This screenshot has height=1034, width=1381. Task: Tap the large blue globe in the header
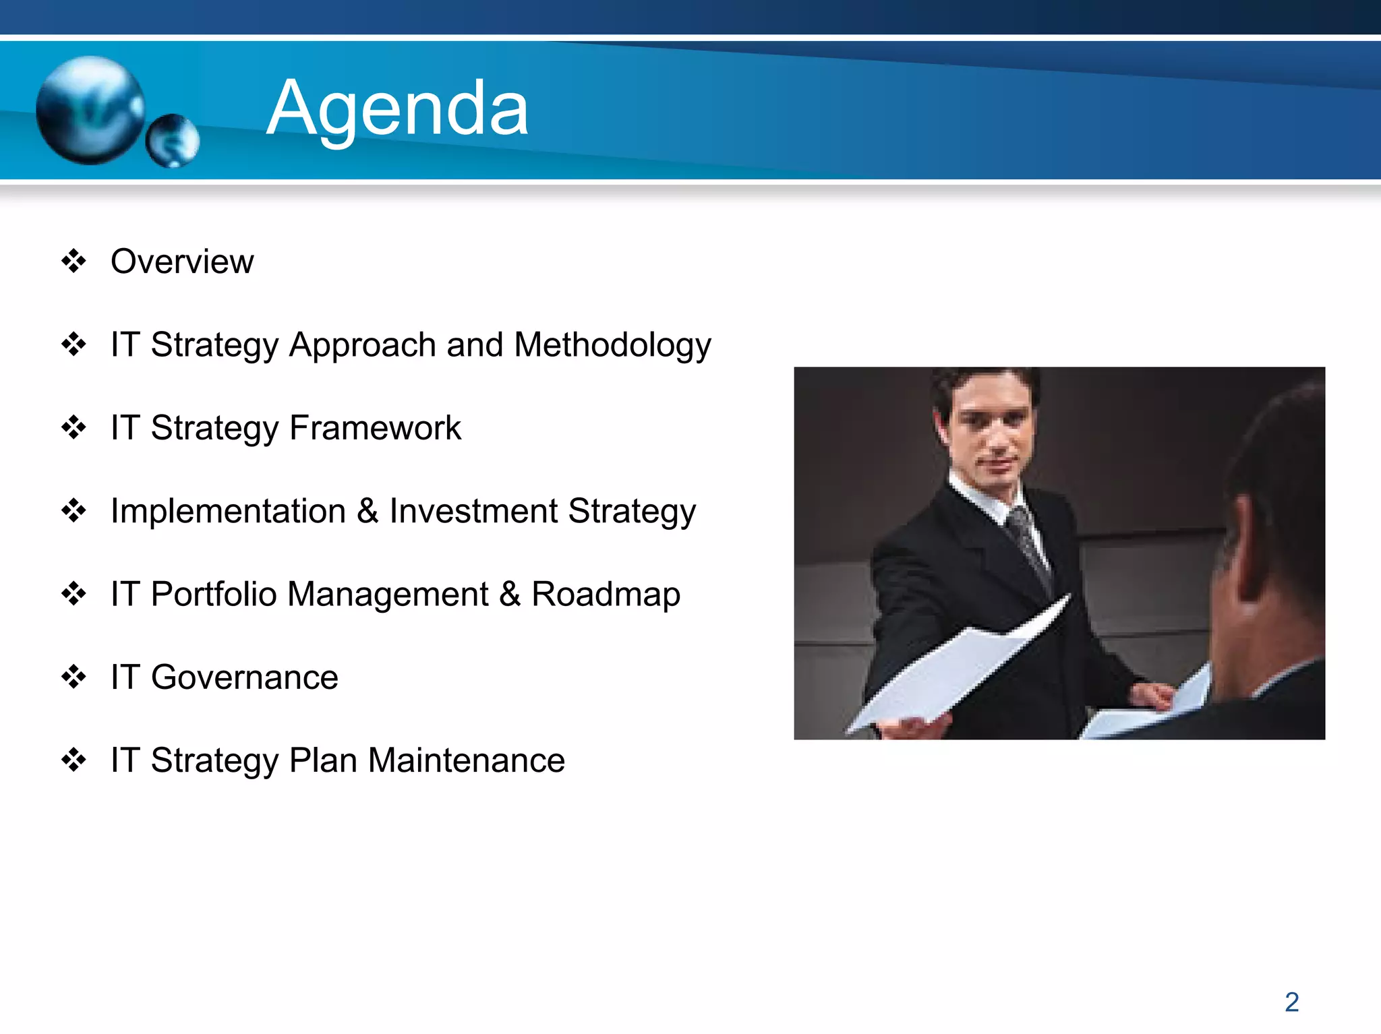coord(90,110)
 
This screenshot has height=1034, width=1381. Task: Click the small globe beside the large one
coord(173,140)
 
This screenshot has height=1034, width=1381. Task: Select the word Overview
coord(182,262)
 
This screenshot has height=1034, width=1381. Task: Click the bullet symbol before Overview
coord(74,261)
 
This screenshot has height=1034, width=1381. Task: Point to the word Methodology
coord(612,345)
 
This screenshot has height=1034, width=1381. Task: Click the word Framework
coord(375,428)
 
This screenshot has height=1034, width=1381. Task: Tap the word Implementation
coord(228,511)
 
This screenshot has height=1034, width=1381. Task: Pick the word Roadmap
coord(606,595)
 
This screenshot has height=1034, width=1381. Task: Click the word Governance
coord(244,677)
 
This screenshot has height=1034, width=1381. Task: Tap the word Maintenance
coord(466,760)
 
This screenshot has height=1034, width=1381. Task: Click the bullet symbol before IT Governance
coord(74,677)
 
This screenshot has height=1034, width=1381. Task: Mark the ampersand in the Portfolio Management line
coord(510,595)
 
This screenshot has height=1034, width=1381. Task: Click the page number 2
coord(1291,1002)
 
